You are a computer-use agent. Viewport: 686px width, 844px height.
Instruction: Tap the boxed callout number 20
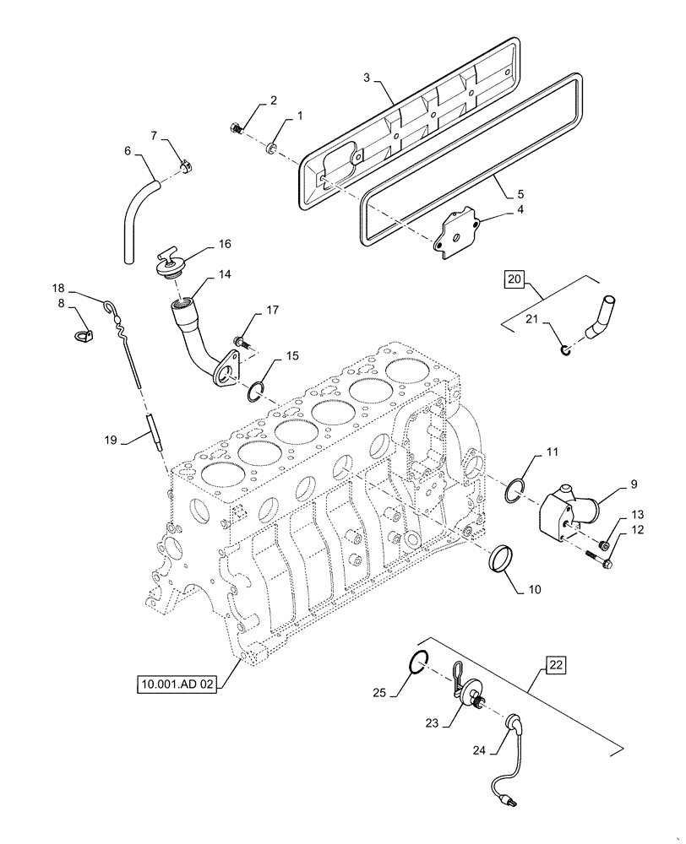[x=514, y=279]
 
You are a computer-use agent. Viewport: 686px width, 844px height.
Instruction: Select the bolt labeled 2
[x=237, y=128]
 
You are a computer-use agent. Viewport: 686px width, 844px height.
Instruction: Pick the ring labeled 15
[x=258, y=390]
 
